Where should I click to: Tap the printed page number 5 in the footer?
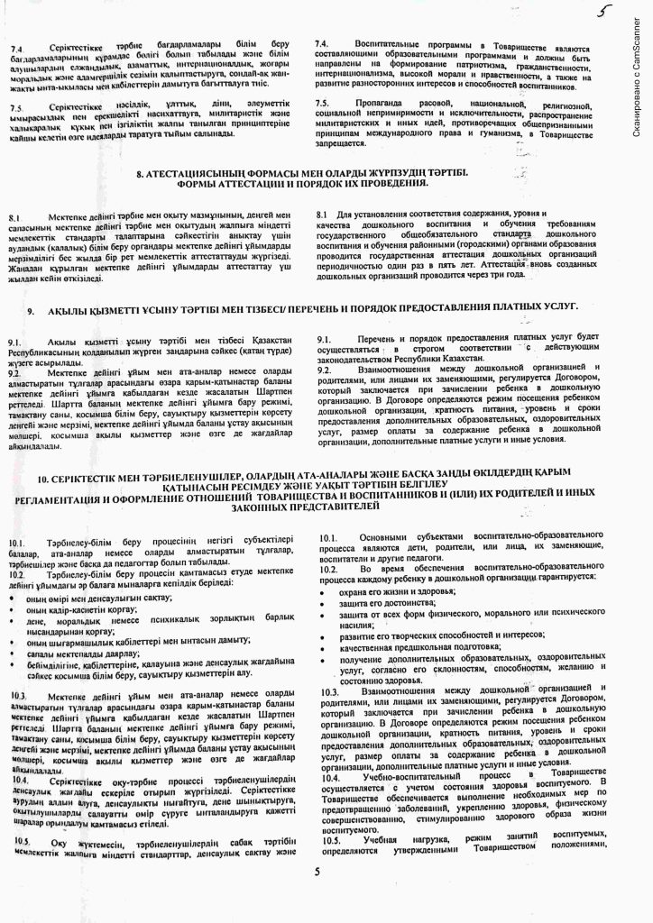click(317, 872)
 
